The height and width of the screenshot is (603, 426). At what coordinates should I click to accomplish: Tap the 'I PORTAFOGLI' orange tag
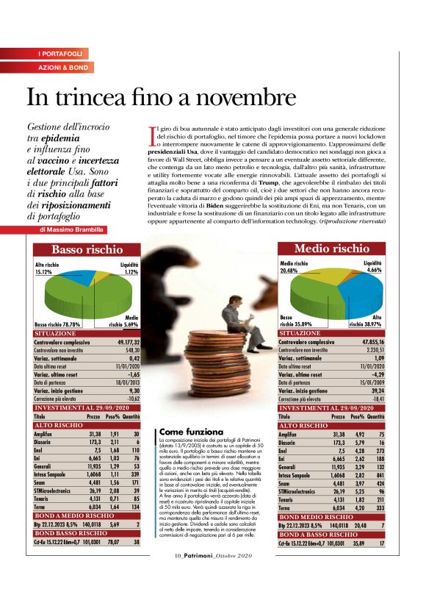62,54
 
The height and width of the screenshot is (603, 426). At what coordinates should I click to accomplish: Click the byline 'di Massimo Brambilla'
73,229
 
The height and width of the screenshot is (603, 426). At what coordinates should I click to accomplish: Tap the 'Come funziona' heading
194,431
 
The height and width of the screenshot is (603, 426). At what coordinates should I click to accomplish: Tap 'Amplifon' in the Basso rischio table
48,434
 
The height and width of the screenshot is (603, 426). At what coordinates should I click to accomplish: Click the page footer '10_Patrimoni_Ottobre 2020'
212,576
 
